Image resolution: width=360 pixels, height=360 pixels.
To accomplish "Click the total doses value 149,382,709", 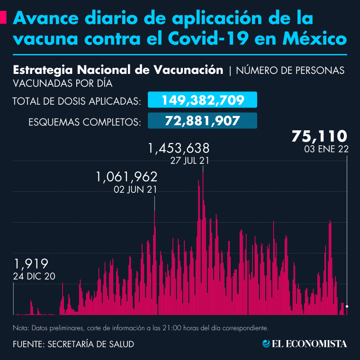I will point(203,100).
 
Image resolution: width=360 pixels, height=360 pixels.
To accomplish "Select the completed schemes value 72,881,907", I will point(203,120).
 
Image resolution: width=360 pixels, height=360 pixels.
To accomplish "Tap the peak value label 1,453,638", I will point(179,149).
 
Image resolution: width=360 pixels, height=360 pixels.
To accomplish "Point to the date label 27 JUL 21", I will point(189,161).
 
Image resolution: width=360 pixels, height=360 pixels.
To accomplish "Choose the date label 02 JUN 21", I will point(136,189).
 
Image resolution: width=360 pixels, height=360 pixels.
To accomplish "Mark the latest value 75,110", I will point(320,136).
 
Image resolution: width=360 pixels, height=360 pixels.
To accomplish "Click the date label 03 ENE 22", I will point(327,149).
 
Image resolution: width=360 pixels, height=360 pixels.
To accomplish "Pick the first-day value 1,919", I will point(31,264).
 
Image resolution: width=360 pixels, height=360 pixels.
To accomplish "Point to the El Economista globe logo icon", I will point(266,344).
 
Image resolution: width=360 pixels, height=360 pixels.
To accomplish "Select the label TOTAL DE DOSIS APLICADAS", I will point(76,101).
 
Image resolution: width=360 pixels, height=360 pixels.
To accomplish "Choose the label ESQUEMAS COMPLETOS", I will point(85,122).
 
